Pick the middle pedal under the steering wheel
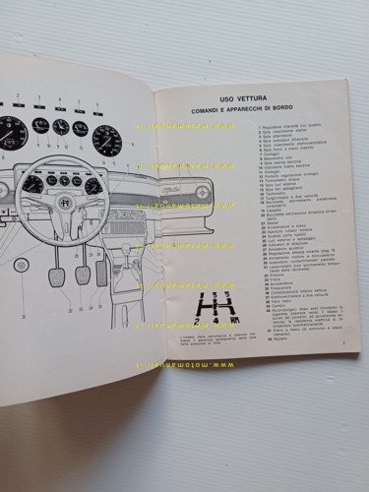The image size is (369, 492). click(x=83, y=273)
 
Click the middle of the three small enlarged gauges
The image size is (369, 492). click(x=60, y=126)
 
